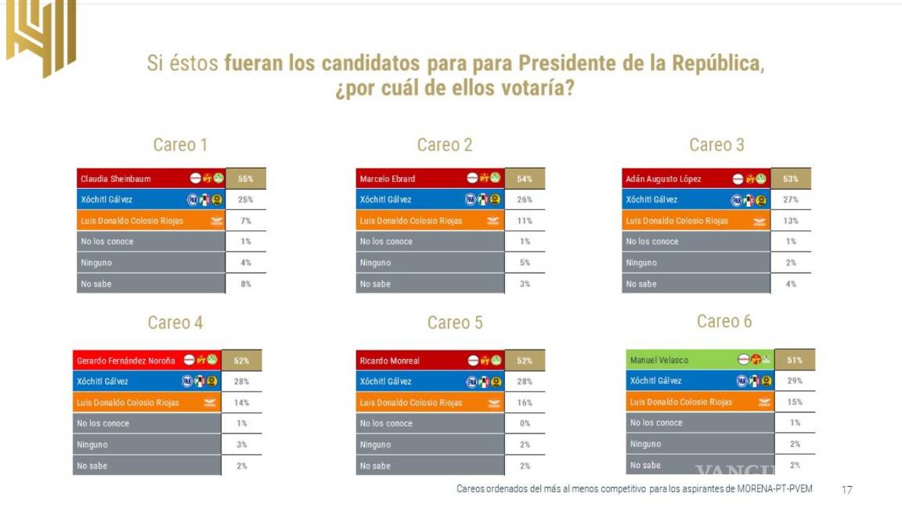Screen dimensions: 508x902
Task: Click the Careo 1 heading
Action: (180, 145)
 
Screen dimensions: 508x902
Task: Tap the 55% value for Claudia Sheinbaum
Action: (246, 179)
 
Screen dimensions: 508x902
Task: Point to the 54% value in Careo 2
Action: (525, 179)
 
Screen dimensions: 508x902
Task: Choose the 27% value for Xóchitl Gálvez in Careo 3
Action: (791, 200)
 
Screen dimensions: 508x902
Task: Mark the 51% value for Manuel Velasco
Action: (795, 360)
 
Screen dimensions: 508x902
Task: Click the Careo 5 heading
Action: (455, 323)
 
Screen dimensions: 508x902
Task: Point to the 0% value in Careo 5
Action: (525, 423)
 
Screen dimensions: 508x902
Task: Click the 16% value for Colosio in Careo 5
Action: (525, 403)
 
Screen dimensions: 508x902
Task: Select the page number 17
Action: (846, 489)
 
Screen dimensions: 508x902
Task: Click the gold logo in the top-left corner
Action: (41, 35)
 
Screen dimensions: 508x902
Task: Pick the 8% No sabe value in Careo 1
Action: (246, 284)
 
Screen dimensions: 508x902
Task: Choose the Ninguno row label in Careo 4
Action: (92, 444)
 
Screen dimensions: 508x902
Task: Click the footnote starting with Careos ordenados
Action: (634, 488)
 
